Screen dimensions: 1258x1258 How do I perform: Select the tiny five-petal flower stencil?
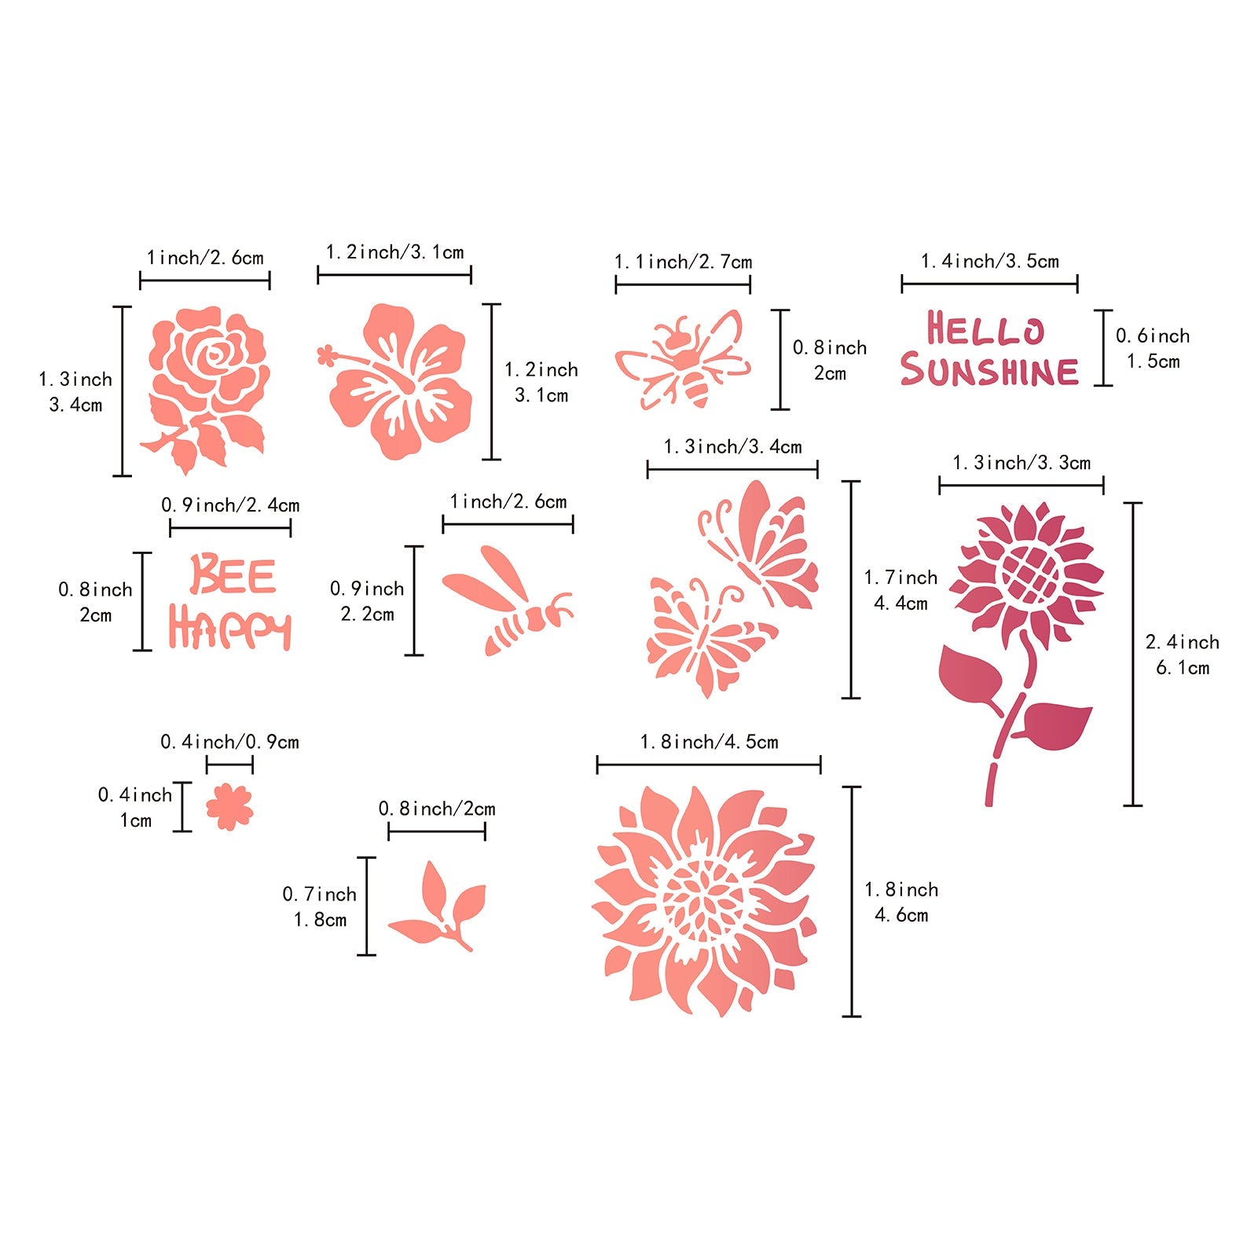(229, 806)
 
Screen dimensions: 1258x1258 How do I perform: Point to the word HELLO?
(985, 329)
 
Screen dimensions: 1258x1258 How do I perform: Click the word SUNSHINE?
(989, 370)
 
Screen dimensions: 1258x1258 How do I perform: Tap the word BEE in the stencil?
(233, 576)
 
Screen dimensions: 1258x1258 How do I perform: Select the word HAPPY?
(229, 629)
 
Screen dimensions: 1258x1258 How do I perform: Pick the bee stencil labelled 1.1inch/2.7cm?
(683, 359)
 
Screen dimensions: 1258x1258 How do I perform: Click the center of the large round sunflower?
(705, 900)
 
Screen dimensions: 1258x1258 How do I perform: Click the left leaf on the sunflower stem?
(970, 674)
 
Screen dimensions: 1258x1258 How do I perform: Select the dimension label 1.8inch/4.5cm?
(709, 743)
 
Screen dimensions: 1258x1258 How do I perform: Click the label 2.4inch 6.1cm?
(1182, 655)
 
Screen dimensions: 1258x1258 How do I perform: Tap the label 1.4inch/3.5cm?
(989, 262)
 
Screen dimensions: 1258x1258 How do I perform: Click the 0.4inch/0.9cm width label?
(229, 742)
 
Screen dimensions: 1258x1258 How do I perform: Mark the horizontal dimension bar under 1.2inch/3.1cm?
(394, 275)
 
